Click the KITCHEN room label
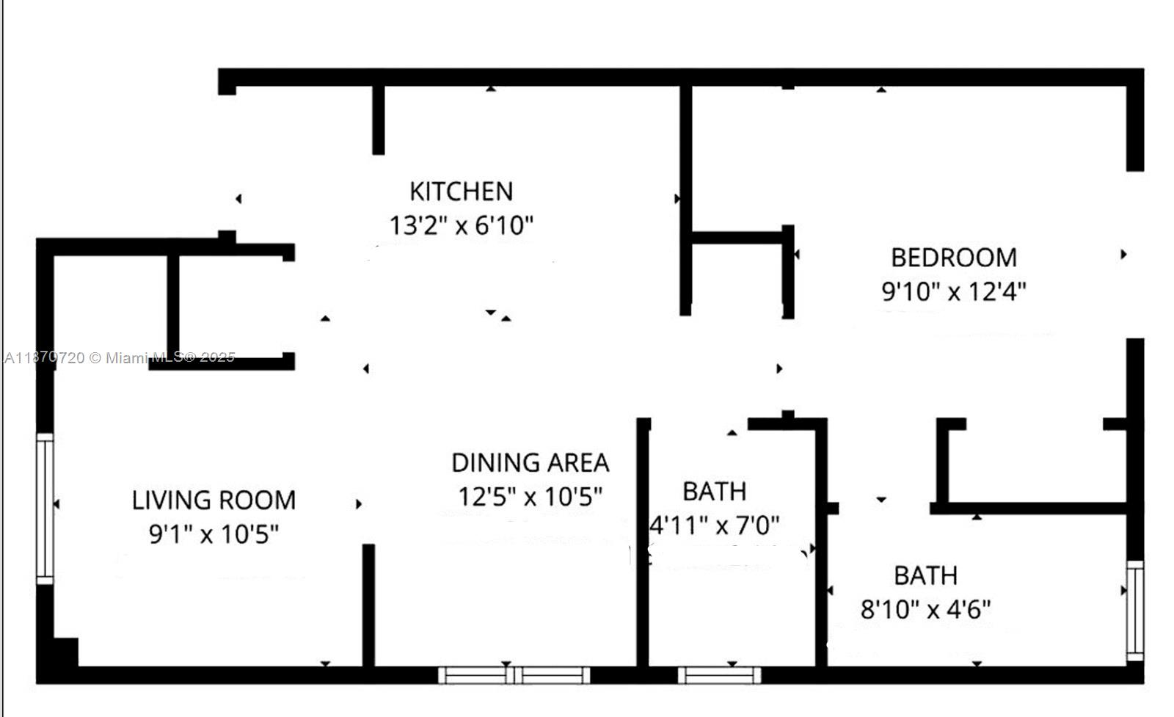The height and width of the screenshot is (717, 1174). click(x=461, y=192)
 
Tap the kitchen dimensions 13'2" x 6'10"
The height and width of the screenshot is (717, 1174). click(x=461, y=225)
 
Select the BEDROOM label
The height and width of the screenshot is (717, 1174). click(x=954, y=258)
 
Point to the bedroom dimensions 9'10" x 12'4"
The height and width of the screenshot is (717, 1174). click(x=954, y=291)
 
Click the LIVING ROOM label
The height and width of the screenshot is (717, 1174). click(x=214, y=501)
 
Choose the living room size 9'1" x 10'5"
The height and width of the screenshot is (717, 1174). click(x=214, y=534)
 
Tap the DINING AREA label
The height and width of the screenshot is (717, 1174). click(x=530, y=463)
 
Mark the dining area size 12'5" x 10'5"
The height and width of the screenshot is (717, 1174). click(x=530, y=497)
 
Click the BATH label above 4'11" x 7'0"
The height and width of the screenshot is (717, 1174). click(x=714, y=491)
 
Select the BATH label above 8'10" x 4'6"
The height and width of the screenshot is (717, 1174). click(x=925, y=575)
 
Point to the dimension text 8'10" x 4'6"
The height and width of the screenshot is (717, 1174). click(x=925, y=609)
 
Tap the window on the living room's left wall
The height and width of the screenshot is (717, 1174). click(x=45, y=509)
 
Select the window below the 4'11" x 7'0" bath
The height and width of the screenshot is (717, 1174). click(x=719, y=674)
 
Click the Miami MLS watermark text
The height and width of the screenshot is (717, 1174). click(x=120, y=357)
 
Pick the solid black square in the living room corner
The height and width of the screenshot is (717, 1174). click(x=65, y=652)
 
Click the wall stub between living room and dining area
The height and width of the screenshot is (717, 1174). click(x=368, y=605)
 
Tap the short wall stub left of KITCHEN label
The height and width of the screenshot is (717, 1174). click(x=379, y=120)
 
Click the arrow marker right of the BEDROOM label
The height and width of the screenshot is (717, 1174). click(x=1123, y=255)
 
